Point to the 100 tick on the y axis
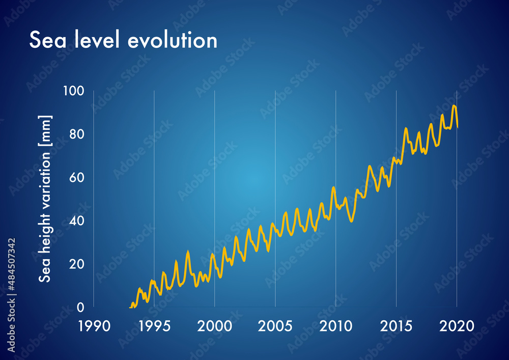tap(74, 91)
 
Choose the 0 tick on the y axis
tap(80, 308)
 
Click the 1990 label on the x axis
tap(93, 325)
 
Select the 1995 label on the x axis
tap(154, 325)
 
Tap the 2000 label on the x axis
tap(214, 325)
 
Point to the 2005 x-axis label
tap(275, 325)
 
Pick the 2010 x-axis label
tap(335, 325)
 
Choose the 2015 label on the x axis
tap(396, 325)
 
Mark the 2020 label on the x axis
tap(457, 325)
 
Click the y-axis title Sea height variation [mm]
tap(46, 199)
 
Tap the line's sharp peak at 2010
tap(333, 187)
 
